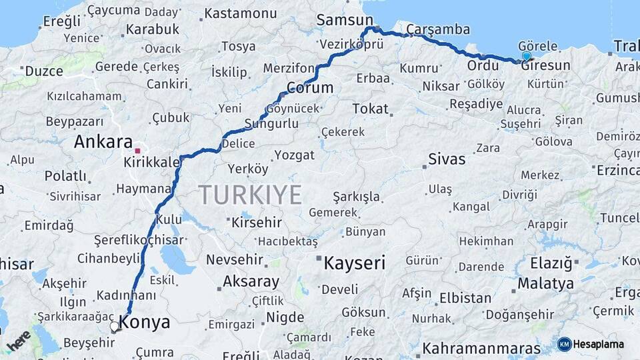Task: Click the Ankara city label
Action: click(103, 141)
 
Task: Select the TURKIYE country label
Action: click(251, 195)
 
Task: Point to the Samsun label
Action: click(344, 20)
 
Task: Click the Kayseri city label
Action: click(355, 263)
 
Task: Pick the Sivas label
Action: click(447, 159)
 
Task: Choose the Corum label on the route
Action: click(310, 87)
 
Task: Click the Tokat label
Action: click(370, 108)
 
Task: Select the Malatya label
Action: click(545, 283)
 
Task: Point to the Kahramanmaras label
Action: click(481, 348)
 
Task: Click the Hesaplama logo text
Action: click(598, 344)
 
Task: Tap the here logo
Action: click(19, 341)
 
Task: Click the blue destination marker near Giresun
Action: click(527, 57)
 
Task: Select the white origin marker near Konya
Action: click(115, 327)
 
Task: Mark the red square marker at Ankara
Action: click(138, 151)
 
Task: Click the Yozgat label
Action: click(294, 155)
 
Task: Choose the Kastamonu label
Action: click(240, 13)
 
